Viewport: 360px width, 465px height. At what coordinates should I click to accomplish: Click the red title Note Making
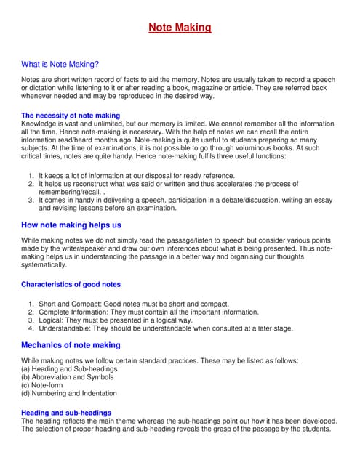coord(180,28)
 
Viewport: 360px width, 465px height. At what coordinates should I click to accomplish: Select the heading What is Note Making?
coord(60,64)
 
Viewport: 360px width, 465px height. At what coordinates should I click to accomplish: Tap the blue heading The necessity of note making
coord(71,116)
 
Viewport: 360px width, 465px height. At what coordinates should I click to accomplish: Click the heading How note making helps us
coord(71,225)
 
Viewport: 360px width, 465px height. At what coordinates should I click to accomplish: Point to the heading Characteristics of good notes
coord(71,284)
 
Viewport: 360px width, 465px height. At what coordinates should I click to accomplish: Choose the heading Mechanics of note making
coord(71,344)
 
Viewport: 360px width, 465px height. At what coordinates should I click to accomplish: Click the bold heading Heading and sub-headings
coord(66,413)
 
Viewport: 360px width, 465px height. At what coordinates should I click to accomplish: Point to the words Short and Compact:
coord(64,304)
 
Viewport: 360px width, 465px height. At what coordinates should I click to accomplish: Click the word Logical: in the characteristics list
coord(52,320)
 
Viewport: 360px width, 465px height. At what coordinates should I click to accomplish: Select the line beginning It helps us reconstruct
coord(168,184)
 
